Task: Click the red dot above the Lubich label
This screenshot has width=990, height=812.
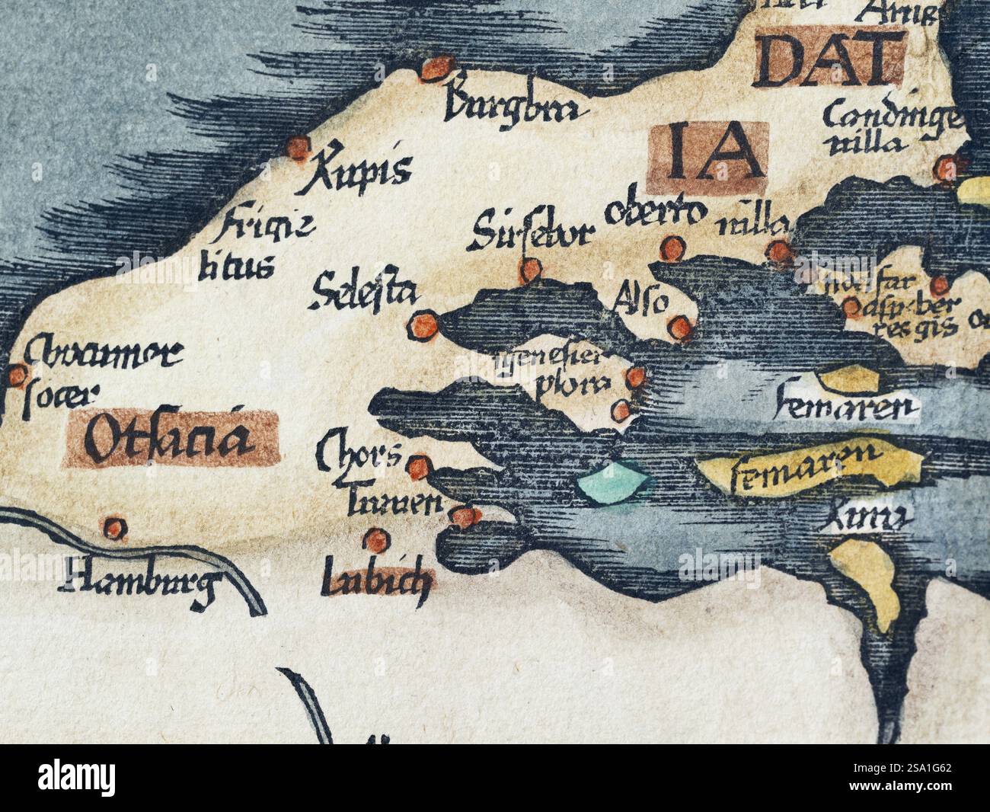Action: coord(374,540)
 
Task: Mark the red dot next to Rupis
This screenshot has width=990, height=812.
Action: coord(298,145)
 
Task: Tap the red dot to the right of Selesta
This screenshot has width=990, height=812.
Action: coord(423,325)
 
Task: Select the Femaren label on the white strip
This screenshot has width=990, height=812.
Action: coord(844,409)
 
